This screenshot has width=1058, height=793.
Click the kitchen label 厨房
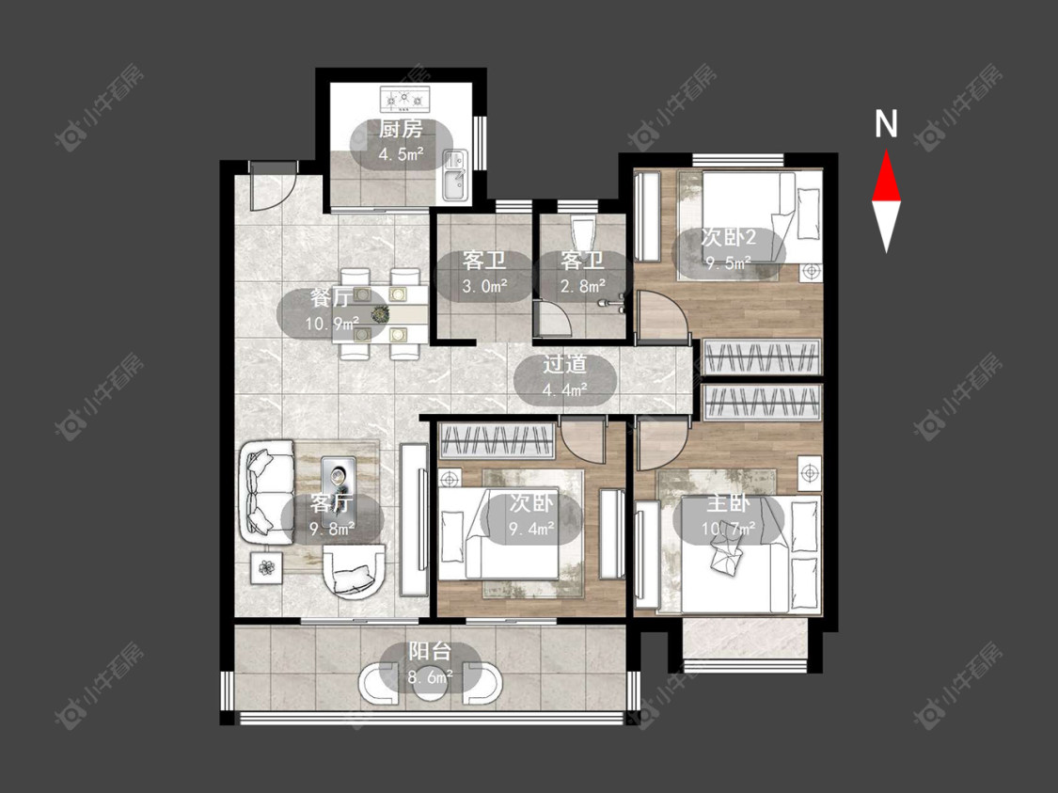click(401, 129)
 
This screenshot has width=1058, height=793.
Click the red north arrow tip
click(887, 152)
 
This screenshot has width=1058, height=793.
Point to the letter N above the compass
click(887, 124)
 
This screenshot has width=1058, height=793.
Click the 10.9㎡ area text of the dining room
click(332, 324)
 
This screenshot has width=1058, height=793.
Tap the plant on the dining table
click(381, 313)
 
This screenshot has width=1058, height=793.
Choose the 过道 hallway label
click(565, 364)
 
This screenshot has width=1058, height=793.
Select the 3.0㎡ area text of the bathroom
click(484, 286)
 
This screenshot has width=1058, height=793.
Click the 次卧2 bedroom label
click(728, 238)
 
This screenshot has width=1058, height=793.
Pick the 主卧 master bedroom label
click(728, 503)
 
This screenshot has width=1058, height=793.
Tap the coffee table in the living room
click(338, 478)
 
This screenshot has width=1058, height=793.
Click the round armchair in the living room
click(354, 571)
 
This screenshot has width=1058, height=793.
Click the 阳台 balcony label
click(430, 651)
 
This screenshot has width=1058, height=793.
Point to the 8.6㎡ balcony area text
click(430, 676)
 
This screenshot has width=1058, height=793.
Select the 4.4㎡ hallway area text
click(565, 389)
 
